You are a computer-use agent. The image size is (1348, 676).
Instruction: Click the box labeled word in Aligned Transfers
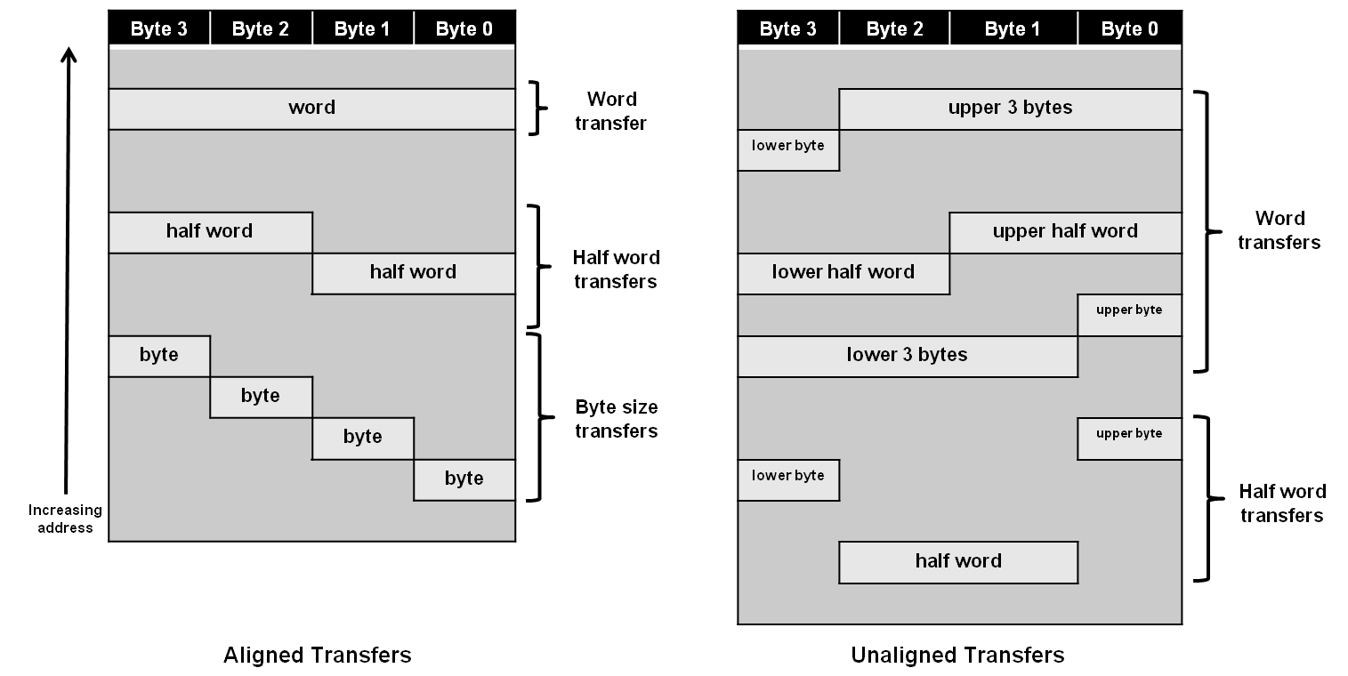pyautogui.click(x=311, y=109)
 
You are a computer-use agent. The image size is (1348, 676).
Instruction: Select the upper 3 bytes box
pyautogui.click(x=1010, y=109)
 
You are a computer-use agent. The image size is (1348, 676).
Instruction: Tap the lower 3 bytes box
pyautogui.click(x=907, y=356)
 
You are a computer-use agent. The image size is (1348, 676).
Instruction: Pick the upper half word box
pyautogui.click(x=1065, y=232)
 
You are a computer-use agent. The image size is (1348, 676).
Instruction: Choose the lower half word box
pyautogui.click(x=843, y=273)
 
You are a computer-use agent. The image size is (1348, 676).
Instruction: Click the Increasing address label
pyautogui.click(x=65, y=519)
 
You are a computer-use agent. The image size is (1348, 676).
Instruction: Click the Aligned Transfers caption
pyautogui.click(x=317, y=656)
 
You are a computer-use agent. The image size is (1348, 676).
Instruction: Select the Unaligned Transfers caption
pyautogui.click(x=957, y=656)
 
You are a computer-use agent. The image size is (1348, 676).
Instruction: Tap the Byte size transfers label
pyautogui.click(x=617, y=419)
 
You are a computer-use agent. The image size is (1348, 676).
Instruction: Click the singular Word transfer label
pyautogui.click(x=610, y=111)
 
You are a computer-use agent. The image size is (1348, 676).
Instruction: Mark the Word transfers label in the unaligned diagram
pyautogui.click(x=1279, y=230)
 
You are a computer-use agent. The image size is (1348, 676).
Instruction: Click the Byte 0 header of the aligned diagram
pyautogui.click(x=464, y=29)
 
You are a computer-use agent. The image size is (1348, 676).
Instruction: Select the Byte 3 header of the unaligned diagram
pyautogui.click(x=787, y=29)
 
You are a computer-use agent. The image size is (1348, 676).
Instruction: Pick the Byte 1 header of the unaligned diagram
pyautogui.click(x=1012, y=29)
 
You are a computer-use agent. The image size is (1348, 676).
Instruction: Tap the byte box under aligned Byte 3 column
pyautogui.click(x=159, y=356)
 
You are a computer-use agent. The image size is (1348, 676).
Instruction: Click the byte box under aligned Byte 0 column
pyautogui.click(x=464, y=479)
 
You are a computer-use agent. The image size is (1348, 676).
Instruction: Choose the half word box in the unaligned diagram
pyautogui.click(x=958, y=562)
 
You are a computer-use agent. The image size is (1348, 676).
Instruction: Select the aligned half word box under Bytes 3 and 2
pyautogui.click(x=210, y=232)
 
